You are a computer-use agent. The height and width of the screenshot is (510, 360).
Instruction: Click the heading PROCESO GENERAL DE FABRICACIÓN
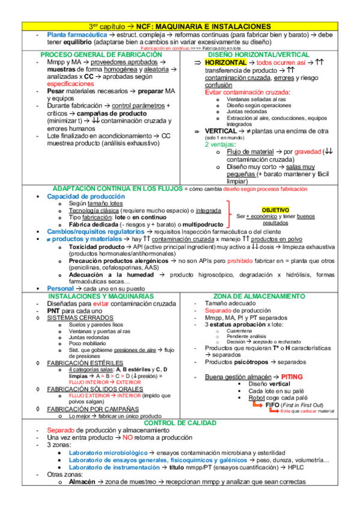coord(102,54)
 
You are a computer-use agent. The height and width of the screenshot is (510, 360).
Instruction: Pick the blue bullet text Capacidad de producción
coord(86,197)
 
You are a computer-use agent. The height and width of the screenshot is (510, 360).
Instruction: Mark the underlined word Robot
coord(257,398)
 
